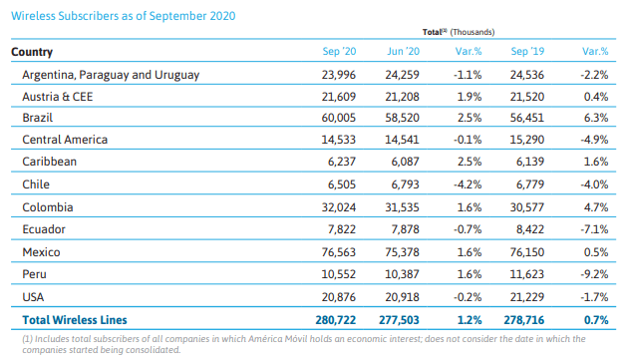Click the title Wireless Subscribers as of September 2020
(124, 16)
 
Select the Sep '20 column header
(339, 51)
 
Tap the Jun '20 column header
(403, 51)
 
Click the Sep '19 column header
(527, 51)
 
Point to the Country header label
(32, 52)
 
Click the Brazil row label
(38, 118)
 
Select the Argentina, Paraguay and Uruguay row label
(111, 75)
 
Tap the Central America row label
(65, 140)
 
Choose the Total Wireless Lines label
(75, 320)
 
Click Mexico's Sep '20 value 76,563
(339, 252)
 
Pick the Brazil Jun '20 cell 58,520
(403, 118)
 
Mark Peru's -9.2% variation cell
(594, 274)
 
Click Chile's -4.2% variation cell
(468, 184)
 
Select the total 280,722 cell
(336, 320)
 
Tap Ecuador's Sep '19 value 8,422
(530, 229)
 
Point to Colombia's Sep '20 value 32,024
(339, 207)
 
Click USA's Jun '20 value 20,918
(403, 297)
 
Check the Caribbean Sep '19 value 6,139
(530, 162)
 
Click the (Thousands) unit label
(472, 32)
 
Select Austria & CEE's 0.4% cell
(596, 97)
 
